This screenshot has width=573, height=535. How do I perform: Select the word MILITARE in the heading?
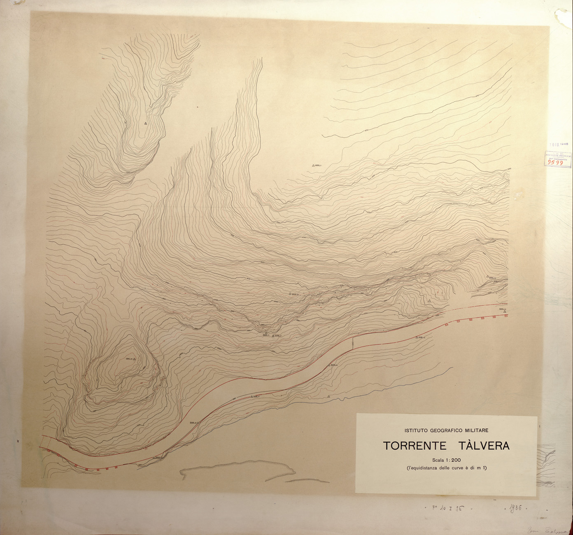(x=472, y=430)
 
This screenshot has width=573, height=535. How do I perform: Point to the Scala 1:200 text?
(x=446, y=460)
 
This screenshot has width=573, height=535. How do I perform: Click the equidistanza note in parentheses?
(x=446, y=468)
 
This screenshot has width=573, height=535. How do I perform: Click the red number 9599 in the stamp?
(x=556, y=162)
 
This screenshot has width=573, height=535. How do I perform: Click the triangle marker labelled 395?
(x=134, y=359)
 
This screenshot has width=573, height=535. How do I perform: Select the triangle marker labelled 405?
(x=290, y=294)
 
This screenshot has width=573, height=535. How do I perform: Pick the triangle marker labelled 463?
(x=313, y=166)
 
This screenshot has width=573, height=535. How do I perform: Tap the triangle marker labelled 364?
(x=505, y=311)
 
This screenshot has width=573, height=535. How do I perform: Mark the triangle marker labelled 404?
(x=487, y=277)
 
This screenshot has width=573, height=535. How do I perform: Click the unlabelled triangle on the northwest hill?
(x=145, y=123)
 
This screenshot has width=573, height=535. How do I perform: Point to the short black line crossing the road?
(x=353, y=343)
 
